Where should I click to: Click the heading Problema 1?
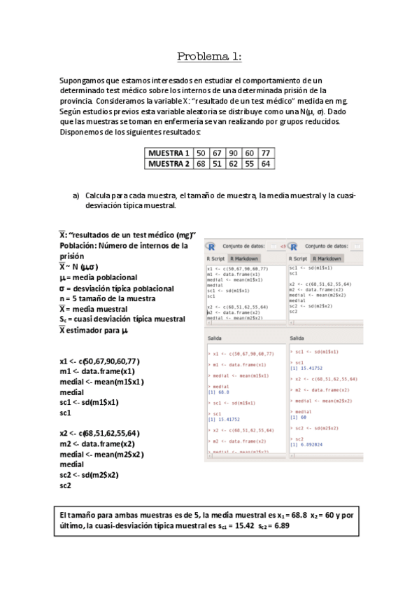[x=209, y=57]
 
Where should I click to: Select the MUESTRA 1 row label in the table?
[x=169, y=153]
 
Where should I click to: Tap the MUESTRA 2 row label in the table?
[x=169, y=164]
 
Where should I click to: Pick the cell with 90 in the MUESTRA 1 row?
[x=233, y=153]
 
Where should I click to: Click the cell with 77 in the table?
[x=265, y=153]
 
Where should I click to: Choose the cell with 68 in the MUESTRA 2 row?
[x=201, y=164]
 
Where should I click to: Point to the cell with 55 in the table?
[x=249, y=164]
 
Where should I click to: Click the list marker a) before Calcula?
[x=76, y=195]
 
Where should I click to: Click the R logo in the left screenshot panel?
[x=212, y=247]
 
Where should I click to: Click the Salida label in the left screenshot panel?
[x=215, y=338]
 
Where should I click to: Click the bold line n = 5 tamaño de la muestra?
[x=106, y=298]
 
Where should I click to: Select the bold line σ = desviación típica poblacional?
[x=116, y=288]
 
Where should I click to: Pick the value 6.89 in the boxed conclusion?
[x=282, y=525]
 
